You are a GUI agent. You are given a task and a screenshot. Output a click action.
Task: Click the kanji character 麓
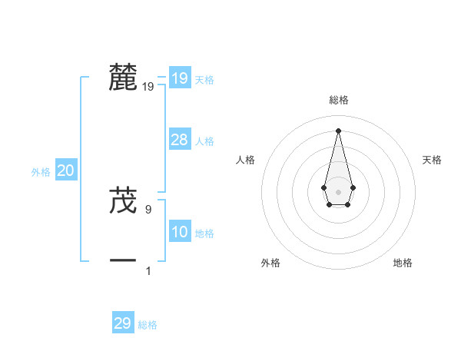[x=124, y=78]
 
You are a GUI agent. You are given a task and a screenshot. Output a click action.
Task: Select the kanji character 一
[x=124, y=261]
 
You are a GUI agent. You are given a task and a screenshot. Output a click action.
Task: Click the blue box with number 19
[x=179, y=78]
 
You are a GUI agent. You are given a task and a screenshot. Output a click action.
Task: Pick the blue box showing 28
[x=179, y=140]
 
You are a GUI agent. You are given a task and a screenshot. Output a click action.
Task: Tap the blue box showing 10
[x=179, y=232]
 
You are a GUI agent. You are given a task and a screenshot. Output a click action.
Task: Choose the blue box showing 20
[x=65, y=171]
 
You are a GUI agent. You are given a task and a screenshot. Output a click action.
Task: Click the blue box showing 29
[x=122, y=323]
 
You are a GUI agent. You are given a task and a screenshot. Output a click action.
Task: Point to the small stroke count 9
[x=148, y=208]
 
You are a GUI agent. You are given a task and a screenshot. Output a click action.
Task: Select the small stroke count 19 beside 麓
[x=148, y=87]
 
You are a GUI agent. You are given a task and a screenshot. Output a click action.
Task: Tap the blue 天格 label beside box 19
[x=204, y=80]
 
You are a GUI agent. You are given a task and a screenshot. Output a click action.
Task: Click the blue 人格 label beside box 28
[x=204, y=141]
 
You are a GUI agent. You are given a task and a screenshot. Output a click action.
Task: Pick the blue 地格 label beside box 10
[x=204, y=233]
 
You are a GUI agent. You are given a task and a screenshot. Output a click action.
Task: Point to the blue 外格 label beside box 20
[x=41, y=173]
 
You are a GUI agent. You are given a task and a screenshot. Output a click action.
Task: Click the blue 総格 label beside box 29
[x=148, y=325]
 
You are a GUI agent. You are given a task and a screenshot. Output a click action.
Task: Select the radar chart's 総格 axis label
[x=339, y=100]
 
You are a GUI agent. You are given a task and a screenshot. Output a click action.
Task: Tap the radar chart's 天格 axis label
[x=432, y=160]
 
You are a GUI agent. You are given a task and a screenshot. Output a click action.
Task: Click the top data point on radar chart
[x=338, y=130]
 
